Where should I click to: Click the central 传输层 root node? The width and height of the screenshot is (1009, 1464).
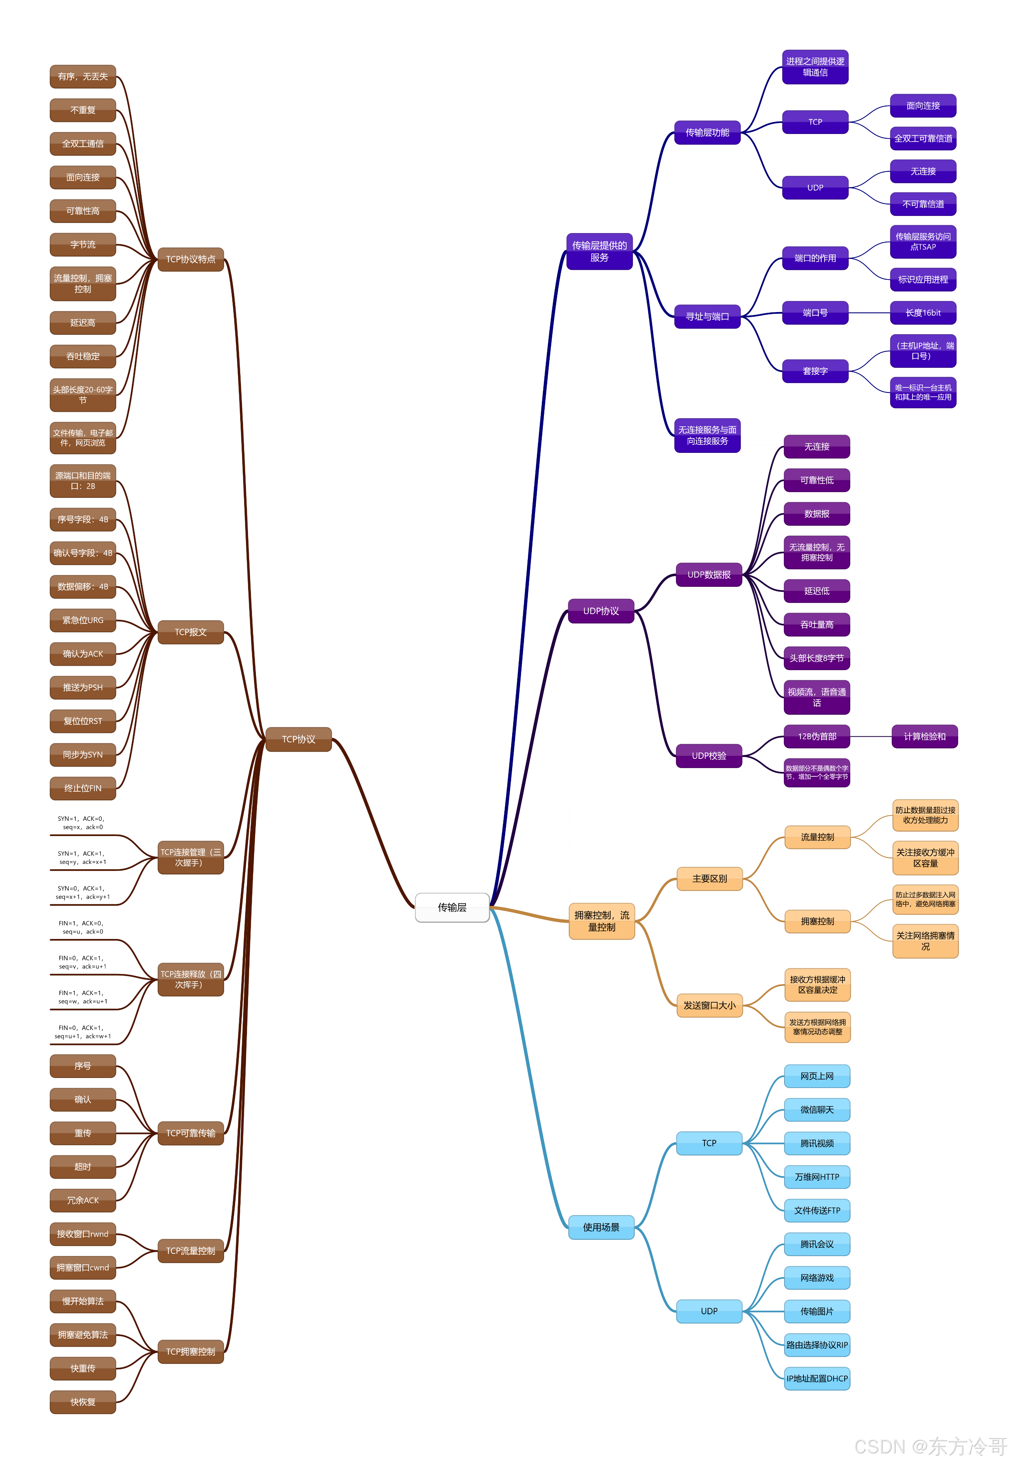(x=452, y=907)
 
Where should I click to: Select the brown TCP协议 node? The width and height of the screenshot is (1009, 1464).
(x=298, y=739)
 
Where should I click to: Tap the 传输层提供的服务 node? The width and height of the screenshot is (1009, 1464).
(x=599, y=251)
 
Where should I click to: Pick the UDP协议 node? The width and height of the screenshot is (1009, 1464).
(x=600, y=610)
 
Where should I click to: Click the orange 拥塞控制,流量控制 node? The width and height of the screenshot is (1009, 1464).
(x=601, y=921)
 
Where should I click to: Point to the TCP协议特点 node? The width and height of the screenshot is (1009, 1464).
(x=190, y=259)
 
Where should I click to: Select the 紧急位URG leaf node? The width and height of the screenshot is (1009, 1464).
(x=83, y=620)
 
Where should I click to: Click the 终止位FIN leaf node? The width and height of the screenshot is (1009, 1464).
(x=83, y=788)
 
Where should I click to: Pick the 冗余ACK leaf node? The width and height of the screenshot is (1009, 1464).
(x=83, y=1200)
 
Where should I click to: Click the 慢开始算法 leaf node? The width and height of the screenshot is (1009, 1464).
(x=83, y=1301)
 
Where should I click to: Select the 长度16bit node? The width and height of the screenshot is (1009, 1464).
(x=923, y=313)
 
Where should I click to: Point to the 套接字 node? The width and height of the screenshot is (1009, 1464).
(x=815, y=371)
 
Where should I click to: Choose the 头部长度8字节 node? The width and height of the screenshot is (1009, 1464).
(x=816, y=658)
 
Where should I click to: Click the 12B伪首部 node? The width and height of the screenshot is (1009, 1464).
(x=816, y=736)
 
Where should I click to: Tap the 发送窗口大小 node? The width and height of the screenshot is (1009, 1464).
(x=709, y=1005)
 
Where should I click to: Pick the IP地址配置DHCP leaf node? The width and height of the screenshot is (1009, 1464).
(x=817, y=1379)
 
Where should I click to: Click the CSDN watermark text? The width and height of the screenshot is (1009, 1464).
(x=929, y=1446)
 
